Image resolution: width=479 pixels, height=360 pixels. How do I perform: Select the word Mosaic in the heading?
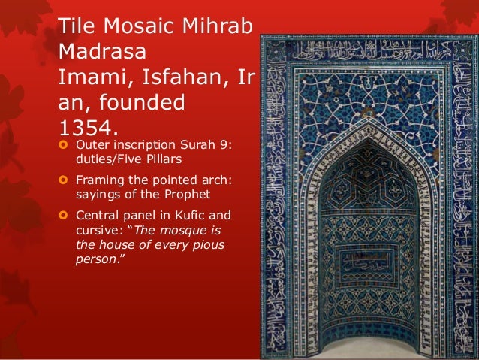(143, 26)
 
